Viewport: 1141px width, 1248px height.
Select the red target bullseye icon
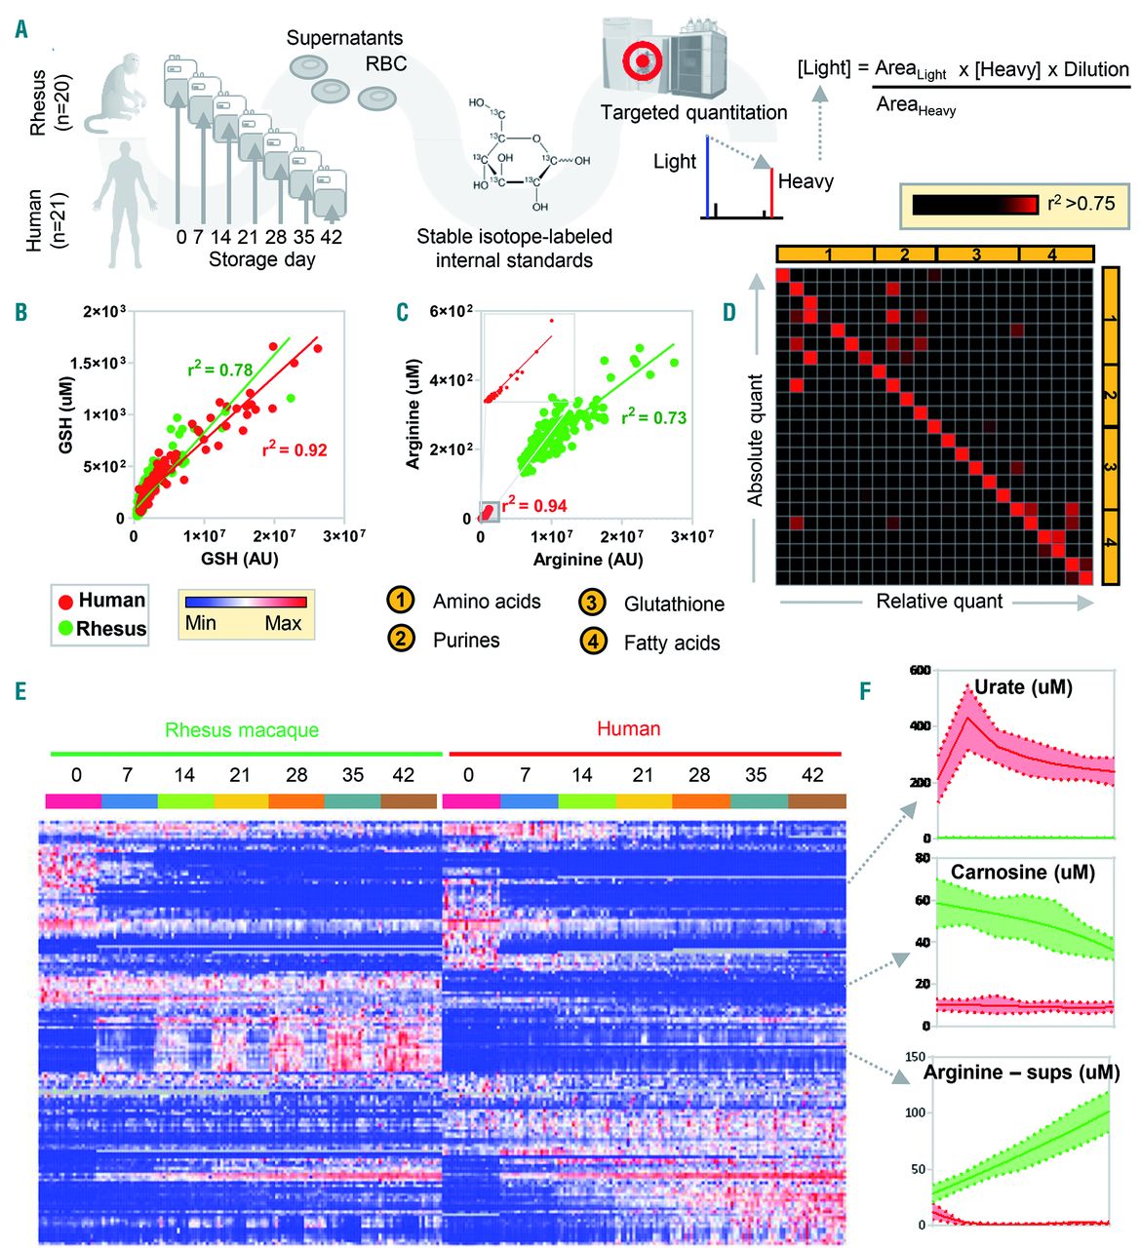coord(642,60)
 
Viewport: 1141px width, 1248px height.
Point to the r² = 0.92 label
coord(295,449)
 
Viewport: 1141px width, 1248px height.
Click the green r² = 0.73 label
coord(654,417)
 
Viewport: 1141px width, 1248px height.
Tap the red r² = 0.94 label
coord(534,504)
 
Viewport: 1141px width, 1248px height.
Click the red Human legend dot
coord(65,602)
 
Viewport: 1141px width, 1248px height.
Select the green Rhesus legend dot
coord(65,629)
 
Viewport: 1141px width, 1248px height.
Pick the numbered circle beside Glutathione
coord(592,603)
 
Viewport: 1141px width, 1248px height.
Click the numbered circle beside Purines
coord(401,640)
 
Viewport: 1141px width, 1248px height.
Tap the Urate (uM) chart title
coord(1023,687)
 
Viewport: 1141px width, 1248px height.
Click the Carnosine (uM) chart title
coord(1022,872)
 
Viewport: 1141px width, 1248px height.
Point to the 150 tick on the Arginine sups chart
coord(915,1057)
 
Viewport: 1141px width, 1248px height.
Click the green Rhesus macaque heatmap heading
coord(242,729)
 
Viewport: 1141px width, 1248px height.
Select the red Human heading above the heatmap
coord(628,728)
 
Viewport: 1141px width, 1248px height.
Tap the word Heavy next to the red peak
coord(806,181)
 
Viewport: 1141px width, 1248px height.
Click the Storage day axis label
coord(262,260)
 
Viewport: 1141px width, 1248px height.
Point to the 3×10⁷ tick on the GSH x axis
coord(344,536)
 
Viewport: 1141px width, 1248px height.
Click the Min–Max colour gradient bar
coord(246,602)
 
